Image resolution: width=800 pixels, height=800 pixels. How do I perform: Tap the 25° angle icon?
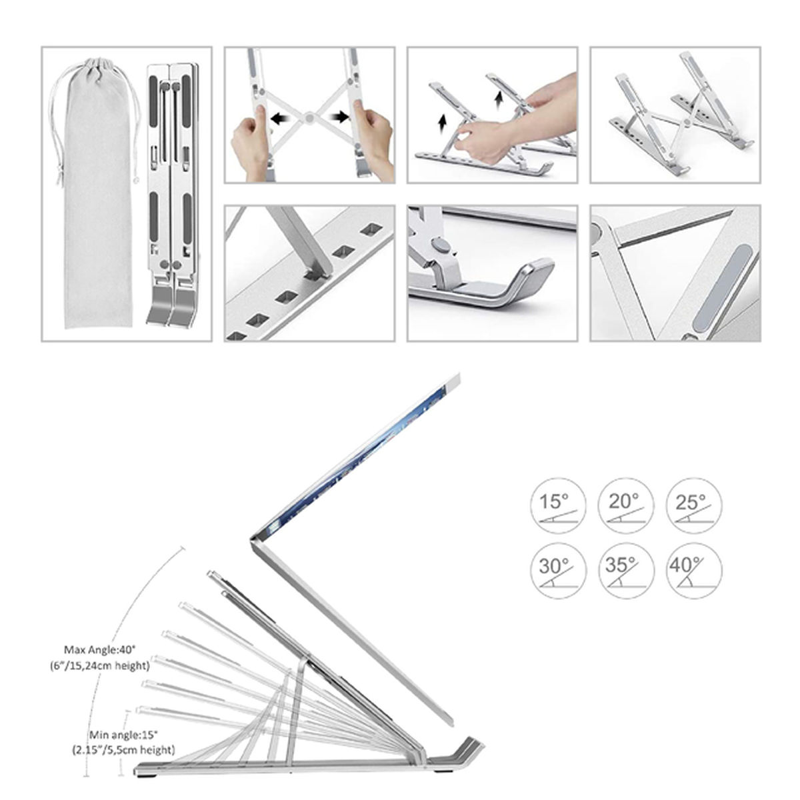click(x=694, y=506)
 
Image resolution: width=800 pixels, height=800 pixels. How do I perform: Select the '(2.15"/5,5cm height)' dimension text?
click(x=123, y=750)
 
